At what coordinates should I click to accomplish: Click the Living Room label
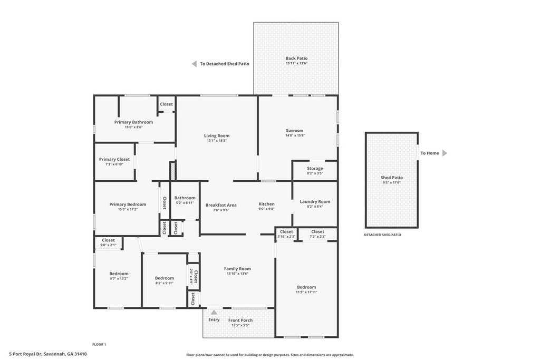(x=217, y=135)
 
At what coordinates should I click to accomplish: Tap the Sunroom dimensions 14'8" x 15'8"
(x=295, y=135)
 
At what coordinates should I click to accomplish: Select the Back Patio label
(x=296, y=58)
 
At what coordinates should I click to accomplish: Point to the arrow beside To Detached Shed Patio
(x=194, y=64)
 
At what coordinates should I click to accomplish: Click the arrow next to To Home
(x=445, y=153)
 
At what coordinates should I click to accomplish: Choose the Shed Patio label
(x=392, y=178)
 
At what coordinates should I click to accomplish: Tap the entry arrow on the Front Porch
(x=214, y=313)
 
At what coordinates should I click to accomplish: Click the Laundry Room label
(x=315, y=202)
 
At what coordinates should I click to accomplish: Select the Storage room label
(x=315, y=168)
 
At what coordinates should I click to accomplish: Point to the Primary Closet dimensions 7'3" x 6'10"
(x=114, y=164)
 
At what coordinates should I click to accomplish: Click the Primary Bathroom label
(x=133, y=122)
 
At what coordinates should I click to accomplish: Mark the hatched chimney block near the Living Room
(x=172, y=171)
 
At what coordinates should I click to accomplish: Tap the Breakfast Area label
(x=221, y=205)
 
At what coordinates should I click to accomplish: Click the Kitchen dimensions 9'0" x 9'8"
(x=266, y=209)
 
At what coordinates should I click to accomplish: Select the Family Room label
(x=237, y=269)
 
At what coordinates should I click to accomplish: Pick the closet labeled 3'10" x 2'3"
(x=286, y=234)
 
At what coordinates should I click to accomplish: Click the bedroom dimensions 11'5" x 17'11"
(x=306, y=292)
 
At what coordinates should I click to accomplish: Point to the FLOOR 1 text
(x=99, y=344)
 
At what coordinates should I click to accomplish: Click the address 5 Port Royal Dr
(x=25, y=354)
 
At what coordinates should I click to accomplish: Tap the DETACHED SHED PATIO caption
(x=383, y=235)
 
